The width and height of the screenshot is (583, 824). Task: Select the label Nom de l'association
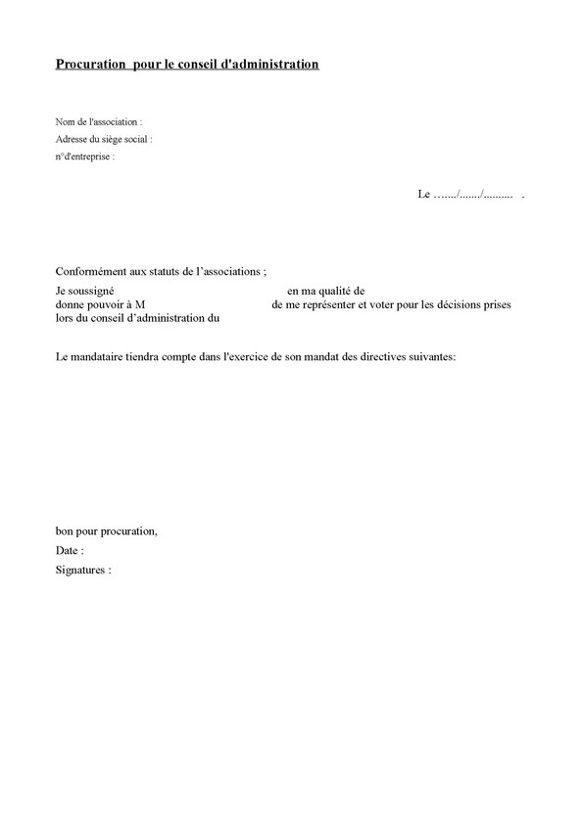coord(98,122)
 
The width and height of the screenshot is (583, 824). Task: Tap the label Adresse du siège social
coord(103,139)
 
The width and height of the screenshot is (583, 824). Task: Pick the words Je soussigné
coord(85,292)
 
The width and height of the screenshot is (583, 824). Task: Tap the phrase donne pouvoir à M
coord(100,305)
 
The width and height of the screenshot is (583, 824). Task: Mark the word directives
coord(383,358)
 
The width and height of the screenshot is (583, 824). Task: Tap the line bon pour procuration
coord(106,531)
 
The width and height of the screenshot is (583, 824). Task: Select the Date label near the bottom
coord(69,551)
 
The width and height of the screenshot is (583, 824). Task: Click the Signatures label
coord(83,570)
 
